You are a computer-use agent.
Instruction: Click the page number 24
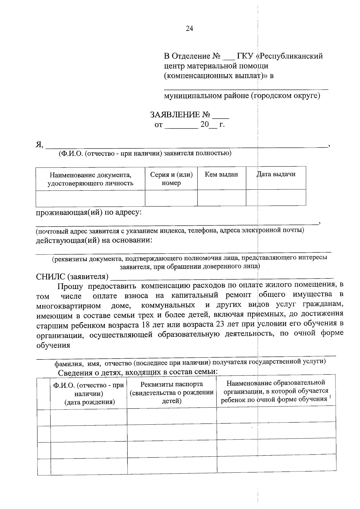coord(190,29)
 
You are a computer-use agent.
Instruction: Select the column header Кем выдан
coord(221,174)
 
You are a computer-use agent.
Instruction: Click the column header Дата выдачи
coord(276,174)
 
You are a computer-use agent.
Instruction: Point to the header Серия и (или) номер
coord(171,179)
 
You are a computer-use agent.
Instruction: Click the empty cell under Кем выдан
coord(221,198)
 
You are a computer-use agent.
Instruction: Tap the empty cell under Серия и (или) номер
coord(171,198)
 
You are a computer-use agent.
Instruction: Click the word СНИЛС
coord(50,276)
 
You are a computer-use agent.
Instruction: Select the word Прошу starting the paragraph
coord(70,287)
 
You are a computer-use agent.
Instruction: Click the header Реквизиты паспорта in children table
coord(172,384)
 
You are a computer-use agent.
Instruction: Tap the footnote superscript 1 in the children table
coord(330,397)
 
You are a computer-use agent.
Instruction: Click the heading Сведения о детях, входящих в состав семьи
coord(137,372)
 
